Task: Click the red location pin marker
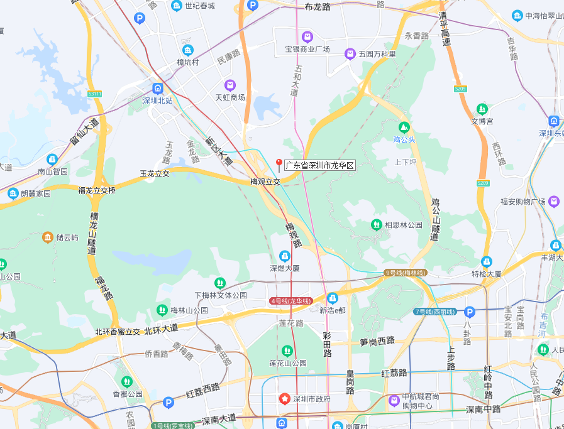pyautogui.click(x=279, y=165)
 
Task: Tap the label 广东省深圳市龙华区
pyautogui.click(x=320, y=166)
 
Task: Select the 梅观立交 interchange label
pyautogui.click(x=265, y=182)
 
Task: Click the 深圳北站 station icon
pyautogui.click(x=157, y=89)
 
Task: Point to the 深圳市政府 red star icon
pyautogui.click(x=285, y=399)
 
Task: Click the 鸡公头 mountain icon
pyautogui.click(x=404, y=128)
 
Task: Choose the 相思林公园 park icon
pyautogui.click(x=376, y=224)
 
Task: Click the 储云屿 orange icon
pyautogui.click(x=48, y=237)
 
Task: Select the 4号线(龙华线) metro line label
pyautogui.click(x=290, y=301)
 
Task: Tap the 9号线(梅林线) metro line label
pyautogui.click(x=406, y=273)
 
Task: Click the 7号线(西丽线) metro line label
pyautogui.click(x=435, y=312)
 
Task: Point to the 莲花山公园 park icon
pyautogui.click(x=287, y=350)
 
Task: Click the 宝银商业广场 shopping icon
pyautogui.click(x=307, y=37)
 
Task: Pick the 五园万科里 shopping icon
pyautogui.click(x=350, y=54)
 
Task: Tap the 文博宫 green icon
pyautogui.click(x=482, y=109)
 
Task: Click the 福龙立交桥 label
pyautogui.click(x=97, y=190)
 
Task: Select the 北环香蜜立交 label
pyautogui.click(x=118, y=332)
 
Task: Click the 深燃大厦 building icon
pyautogui.click(x=285, y=256)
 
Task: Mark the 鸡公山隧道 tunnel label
pyautogui.click(x=435, y=220)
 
